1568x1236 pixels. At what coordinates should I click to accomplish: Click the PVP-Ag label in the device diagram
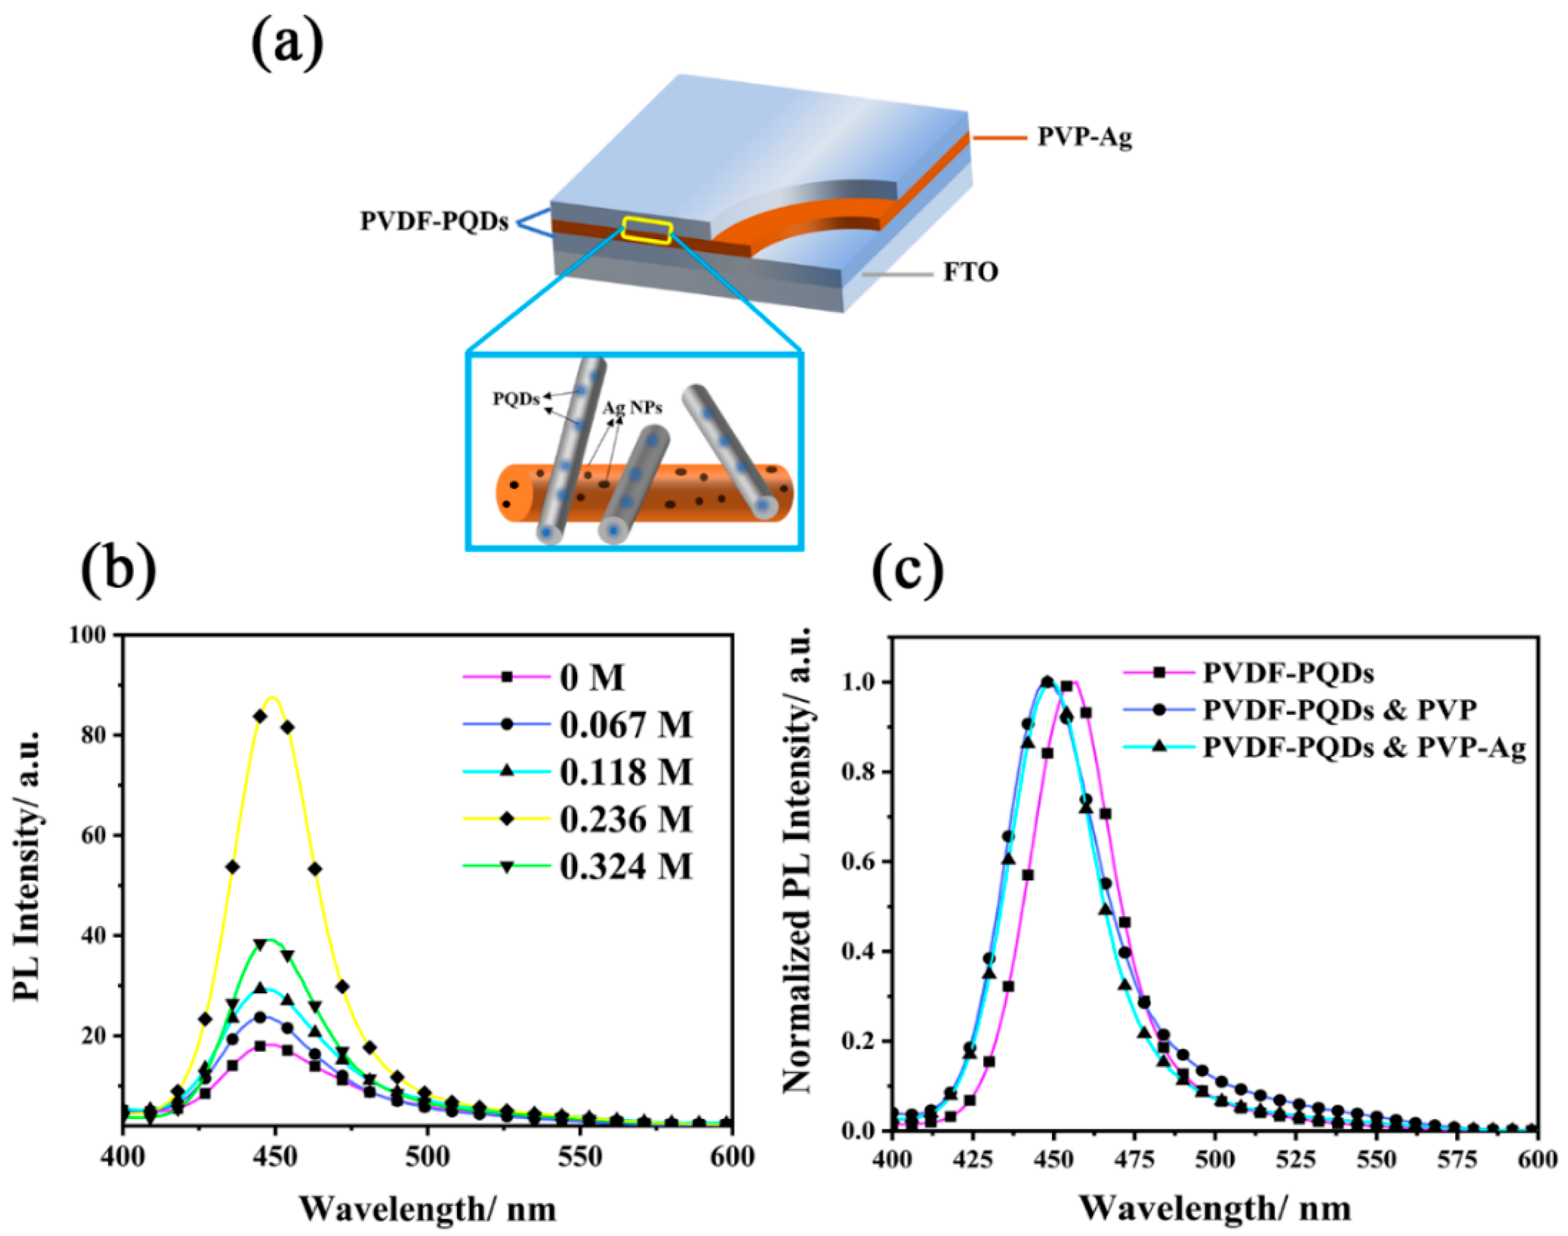pyautogui.click(x=1084, y=137)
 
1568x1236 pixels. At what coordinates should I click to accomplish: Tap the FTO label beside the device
pyautogui.click(x=970, y=273)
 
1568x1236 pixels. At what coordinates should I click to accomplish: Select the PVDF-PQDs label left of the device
pyautogui.click(x=434, y=221)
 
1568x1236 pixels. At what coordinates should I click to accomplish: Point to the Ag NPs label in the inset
pyautogui.click(x=632, y=408)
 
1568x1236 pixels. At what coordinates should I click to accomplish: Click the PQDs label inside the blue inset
pyautogui.click(x=516, y=399)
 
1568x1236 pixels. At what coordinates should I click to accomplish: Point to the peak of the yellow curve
pyautogui.click(x=273, y=697)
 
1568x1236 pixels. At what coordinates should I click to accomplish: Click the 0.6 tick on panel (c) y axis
pyautogui.click(x=859, y=862)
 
